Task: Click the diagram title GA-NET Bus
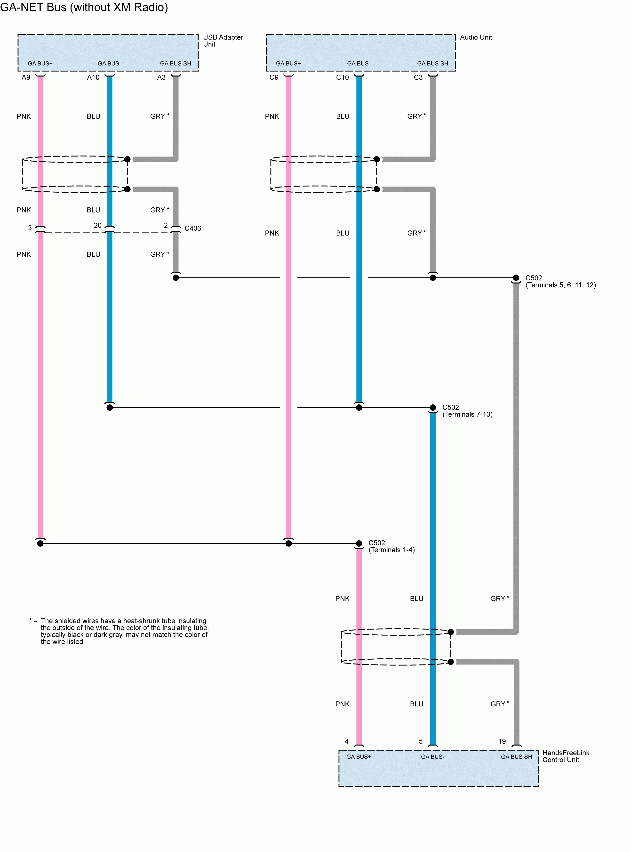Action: point(84,7)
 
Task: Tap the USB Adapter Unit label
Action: point(223,41)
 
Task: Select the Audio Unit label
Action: point(476,37)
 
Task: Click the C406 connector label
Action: point(192,229)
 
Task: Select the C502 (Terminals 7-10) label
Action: point(467,411)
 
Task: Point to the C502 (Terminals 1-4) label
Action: point(391,546)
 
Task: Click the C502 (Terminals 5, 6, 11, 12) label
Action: point(560,281)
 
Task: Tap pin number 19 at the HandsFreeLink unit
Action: point(502,741)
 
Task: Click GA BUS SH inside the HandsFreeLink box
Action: point(516,756)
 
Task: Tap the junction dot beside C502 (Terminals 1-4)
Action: point(359,543)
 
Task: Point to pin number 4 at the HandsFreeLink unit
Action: point(347,741)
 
